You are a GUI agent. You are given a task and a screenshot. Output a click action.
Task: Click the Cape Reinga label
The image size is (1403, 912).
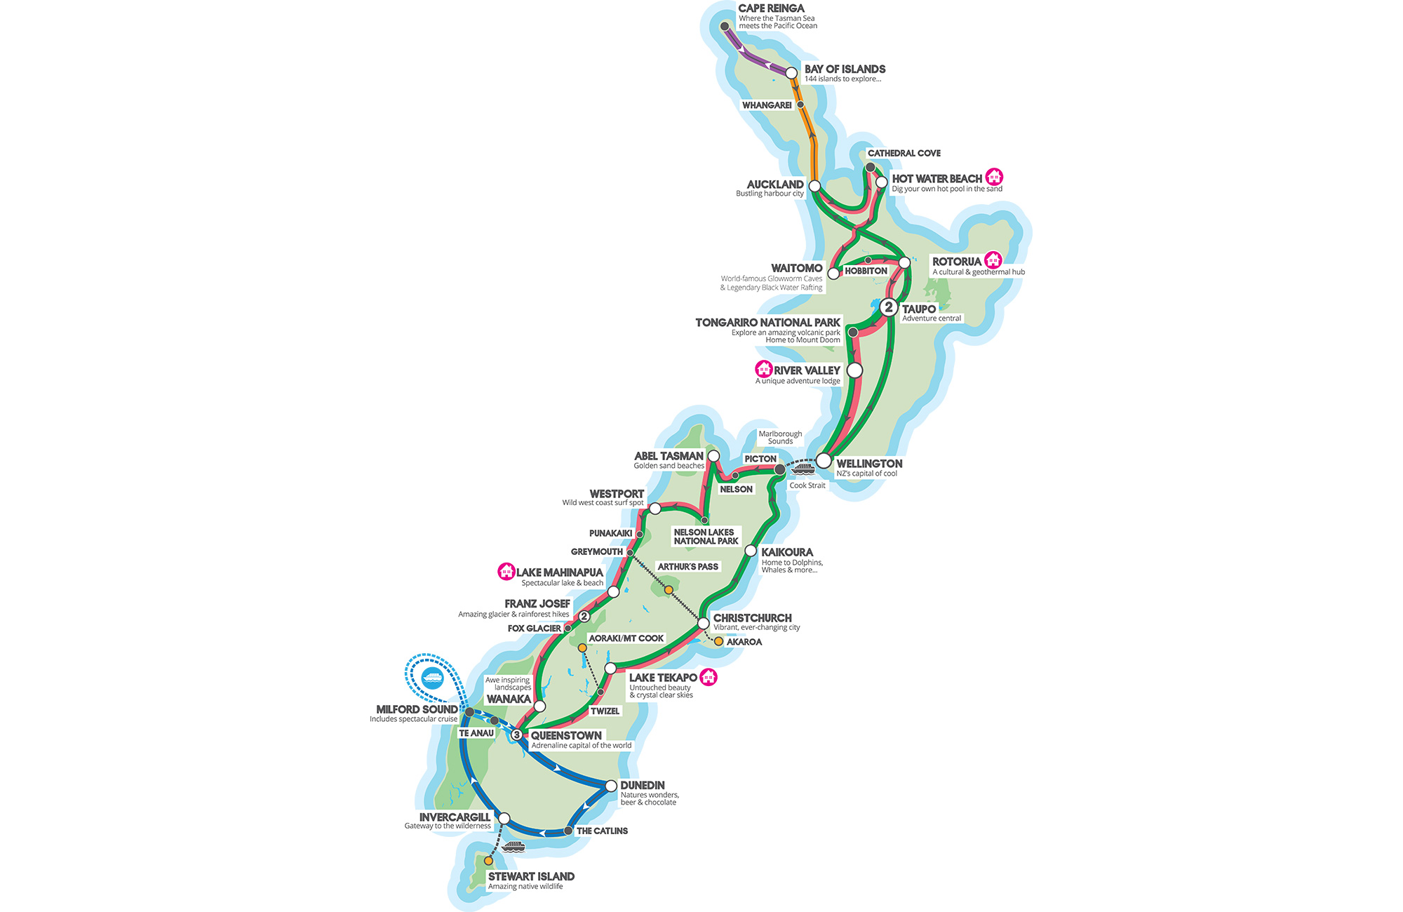pos(771,8)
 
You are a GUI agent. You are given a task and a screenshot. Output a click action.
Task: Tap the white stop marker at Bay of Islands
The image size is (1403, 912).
pos(791,73)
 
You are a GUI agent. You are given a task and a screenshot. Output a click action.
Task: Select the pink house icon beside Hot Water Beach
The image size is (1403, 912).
pos(994,177)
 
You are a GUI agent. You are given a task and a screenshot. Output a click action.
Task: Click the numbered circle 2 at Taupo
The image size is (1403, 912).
pos(889,307)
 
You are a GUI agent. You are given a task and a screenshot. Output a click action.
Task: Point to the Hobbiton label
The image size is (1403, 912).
pos(866,271)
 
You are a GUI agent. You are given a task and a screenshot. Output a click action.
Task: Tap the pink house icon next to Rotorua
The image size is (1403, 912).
pos(993,260)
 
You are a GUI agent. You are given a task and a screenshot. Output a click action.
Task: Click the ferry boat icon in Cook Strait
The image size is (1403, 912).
pos(803,468)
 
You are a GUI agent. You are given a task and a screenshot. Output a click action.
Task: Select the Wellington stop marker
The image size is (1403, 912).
pos(824,461)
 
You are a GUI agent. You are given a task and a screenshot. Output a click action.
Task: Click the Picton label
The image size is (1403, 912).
pos(760,459)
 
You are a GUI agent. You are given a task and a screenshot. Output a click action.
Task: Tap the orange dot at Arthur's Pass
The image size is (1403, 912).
pos(669,590)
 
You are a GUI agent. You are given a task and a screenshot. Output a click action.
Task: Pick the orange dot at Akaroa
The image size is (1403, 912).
pos(718,641)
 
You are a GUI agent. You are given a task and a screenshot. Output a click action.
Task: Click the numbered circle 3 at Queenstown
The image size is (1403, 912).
pos(516,735)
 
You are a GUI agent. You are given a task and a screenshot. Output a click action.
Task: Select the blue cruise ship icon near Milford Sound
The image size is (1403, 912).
pos(433,678)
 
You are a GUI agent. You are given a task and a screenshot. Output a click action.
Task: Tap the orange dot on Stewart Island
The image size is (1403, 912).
pos(488,861)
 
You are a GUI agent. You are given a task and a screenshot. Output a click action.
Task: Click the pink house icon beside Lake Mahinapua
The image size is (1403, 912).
pos(506,572)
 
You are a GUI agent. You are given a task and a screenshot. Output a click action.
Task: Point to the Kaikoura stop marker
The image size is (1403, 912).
pos(751,551)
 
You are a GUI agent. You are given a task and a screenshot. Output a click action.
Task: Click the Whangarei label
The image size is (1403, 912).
pos(767,105)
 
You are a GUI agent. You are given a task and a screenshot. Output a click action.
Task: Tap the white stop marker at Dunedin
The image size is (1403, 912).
pos(611,786)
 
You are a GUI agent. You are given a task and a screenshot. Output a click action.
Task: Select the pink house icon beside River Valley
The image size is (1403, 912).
pos(763,368)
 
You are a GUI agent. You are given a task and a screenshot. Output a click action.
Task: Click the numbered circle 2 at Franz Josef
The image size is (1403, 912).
pos(584,617)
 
